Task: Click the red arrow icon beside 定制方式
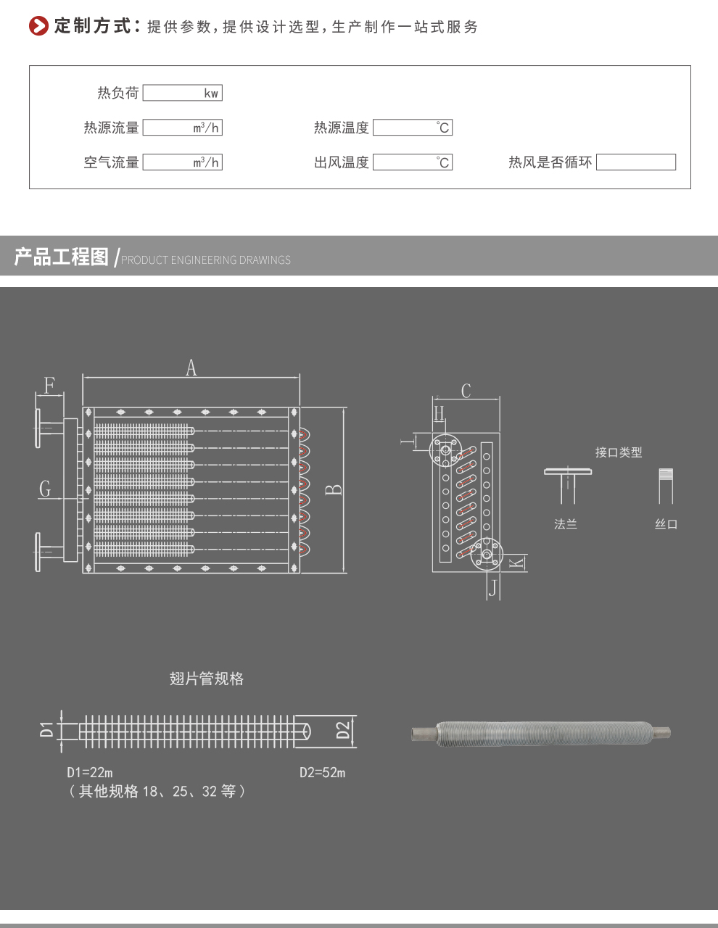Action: coord(38,26)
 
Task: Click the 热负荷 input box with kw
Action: coord(182,93)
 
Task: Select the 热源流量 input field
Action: coord(182,128)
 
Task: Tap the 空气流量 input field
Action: coord(182,162)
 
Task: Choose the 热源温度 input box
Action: coord(412,128)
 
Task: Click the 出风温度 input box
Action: coord(412,162)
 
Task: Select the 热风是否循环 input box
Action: coord(635,162)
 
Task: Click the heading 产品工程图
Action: coord(62,257)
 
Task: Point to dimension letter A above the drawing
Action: coord(191,368)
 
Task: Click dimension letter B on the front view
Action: coord(334,489)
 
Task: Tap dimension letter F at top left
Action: coord(49,385)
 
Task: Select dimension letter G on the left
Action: coord(45,489)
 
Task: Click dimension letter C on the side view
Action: coord(466,391)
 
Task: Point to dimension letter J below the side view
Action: coord(493,588)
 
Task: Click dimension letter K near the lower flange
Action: coord(516,563)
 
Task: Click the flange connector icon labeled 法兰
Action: coord(568,484)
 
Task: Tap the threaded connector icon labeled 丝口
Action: coord(666,485)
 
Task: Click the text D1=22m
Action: coord(89,773)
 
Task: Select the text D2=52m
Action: coord(322,773)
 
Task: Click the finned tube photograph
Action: coord(541,733)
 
